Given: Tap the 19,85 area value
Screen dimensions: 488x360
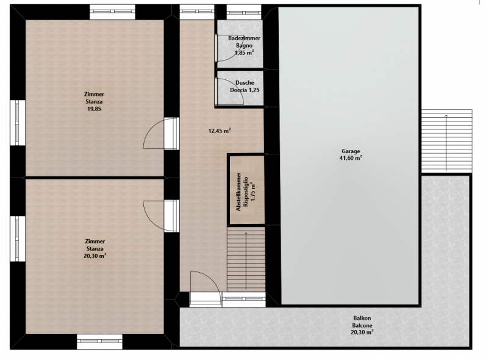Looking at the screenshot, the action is tap(94, 109).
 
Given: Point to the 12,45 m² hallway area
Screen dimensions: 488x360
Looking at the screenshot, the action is tap(220, 131).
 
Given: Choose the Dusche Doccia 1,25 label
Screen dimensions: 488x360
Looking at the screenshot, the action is tap(245, 87).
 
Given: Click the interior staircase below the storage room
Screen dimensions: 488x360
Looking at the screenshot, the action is tap(246, 259).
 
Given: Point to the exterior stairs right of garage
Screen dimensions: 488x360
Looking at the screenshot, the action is tap(447, 141).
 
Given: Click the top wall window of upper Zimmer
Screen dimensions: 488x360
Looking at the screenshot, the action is tap(113, 12).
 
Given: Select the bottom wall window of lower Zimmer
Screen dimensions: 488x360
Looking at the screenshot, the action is tap(99, 342).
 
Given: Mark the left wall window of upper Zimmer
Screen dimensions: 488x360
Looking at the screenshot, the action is tap(18, 123).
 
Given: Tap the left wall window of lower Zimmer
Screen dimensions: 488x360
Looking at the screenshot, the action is tap(18, 239).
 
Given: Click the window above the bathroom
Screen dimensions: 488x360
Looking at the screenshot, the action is tap(243, 12).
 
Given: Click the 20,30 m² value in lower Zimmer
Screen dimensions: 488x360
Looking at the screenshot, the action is tap(95, 256).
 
